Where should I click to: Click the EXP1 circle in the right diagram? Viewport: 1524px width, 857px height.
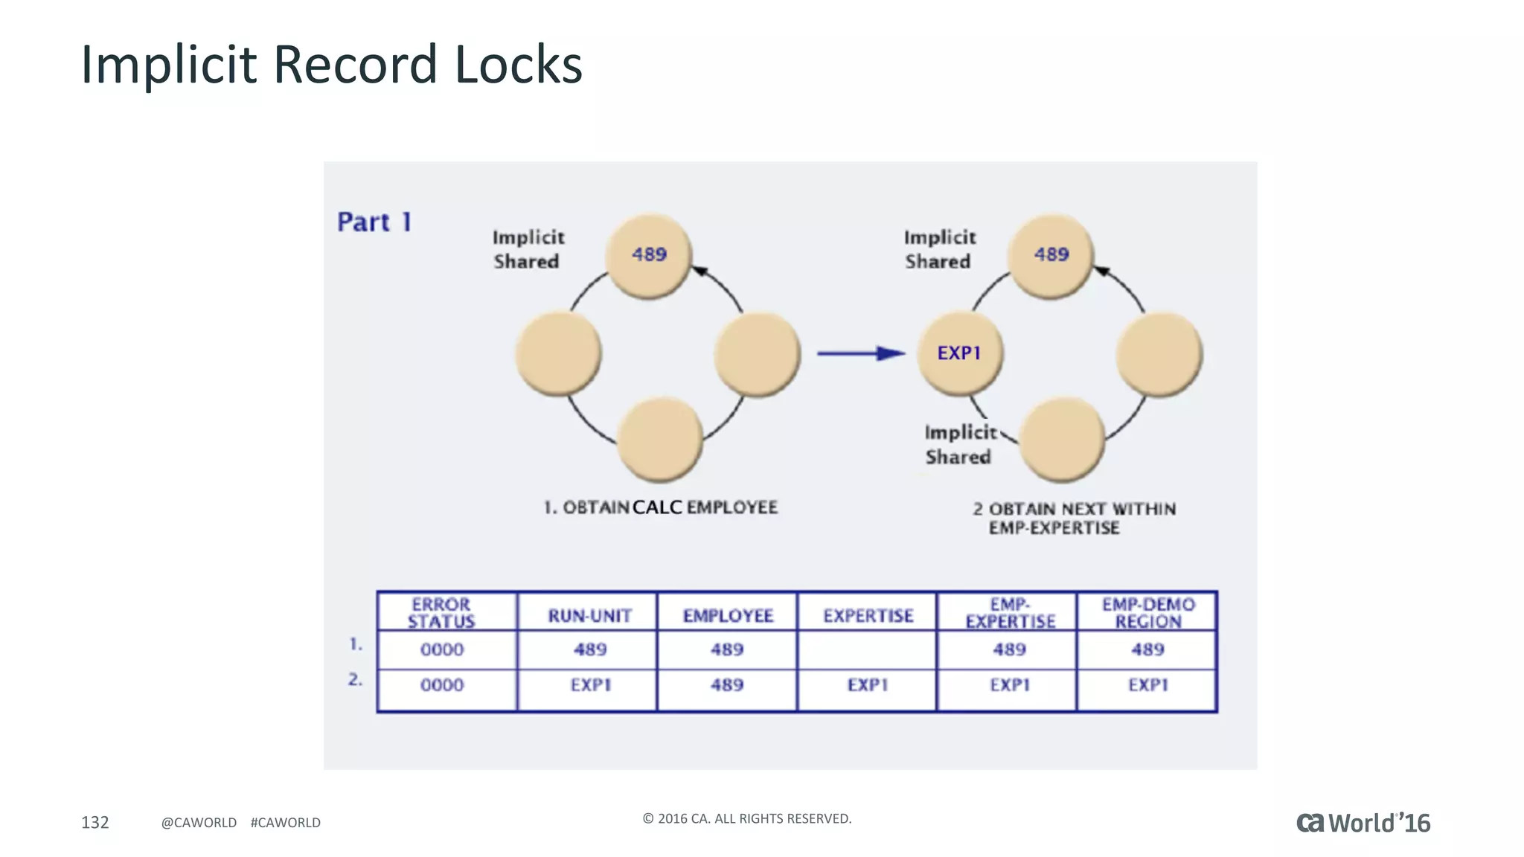coord(959,353)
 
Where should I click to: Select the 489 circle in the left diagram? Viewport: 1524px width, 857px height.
coord(649,255)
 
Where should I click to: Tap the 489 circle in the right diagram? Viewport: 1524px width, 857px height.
coord(1051,255)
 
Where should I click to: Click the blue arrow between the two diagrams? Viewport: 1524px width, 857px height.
coord(860,353)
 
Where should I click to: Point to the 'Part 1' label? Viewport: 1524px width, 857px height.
coord(374,222)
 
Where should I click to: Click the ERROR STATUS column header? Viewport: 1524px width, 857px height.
coord(442,613)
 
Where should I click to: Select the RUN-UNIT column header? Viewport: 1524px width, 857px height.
coord(589,616)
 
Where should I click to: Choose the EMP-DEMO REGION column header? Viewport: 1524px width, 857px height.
coord(1148,613)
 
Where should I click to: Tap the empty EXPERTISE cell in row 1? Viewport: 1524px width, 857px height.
coord(868,650)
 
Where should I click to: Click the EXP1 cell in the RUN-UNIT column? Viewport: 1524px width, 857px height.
coord(591,685)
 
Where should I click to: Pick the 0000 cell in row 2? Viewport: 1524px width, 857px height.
coord(442,685)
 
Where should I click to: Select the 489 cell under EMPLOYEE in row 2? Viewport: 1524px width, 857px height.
coord(727,685)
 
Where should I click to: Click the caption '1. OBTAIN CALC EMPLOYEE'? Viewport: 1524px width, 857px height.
coord(661,508)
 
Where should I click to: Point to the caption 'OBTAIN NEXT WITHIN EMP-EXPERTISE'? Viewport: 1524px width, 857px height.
coord(1074,519)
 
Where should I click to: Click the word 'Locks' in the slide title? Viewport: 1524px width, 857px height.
coord(518,65)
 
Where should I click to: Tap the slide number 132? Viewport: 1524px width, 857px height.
coord(95,822)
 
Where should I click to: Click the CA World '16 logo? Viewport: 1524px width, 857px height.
coord(1363,823)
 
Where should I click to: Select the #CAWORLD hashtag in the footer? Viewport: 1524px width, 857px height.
coord(285,823)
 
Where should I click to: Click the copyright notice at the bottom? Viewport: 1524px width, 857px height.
coord(746,819)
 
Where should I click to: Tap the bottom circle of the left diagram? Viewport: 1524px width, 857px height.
coord(660,439)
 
